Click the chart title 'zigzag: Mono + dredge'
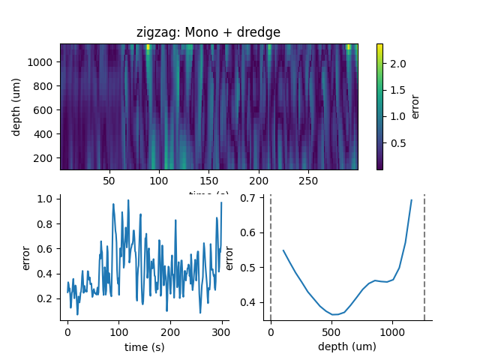pyautogui.click(x=208, y=32)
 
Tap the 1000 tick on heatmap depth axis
pyautogui.click(x=45, y=62)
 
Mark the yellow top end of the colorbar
pyautogui.click(x=379, y=46)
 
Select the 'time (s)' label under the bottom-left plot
pyautogui.click(x=145, y=347)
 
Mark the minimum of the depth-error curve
pyautogui.click(x=334, y=314)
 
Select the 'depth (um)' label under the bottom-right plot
pyautogui.click(x=347, y=347)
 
